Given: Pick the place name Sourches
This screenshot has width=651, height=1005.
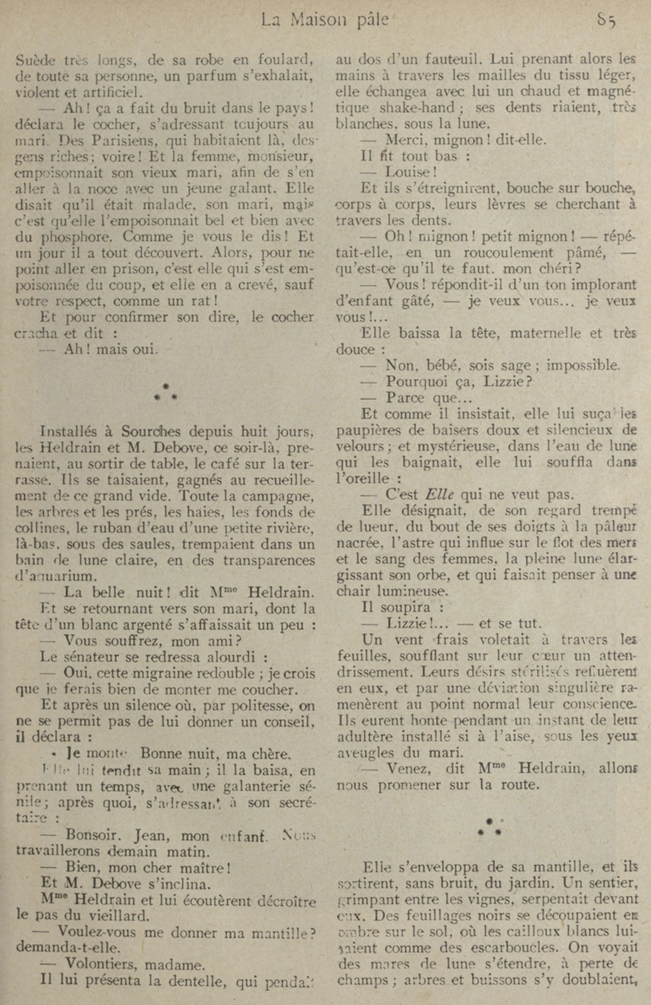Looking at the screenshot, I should [156, 432].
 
